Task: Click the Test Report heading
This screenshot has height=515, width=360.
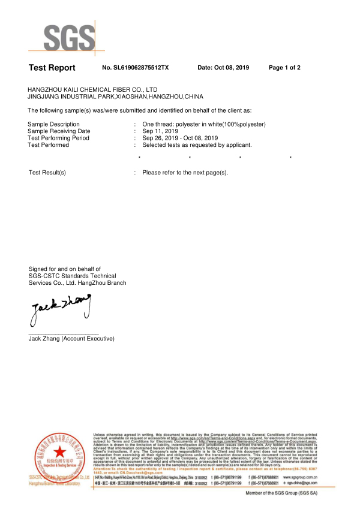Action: click(52, 68)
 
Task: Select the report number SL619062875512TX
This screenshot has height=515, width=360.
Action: click(136, 68)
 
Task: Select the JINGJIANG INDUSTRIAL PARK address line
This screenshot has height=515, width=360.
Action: click(116, 96)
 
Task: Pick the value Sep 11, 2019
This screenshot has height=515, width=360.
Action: click(160, 131)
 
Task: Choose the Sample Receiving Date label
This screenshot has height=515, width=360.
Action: click(59, 131)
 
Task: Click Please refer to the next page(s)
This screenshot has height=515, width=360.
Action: click(185, 173)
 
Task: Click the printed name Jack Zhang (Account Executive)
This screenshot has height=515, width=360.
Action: click(71, 339)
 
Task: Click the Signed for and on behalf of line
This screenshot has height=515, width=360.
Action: click(65, 269)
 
